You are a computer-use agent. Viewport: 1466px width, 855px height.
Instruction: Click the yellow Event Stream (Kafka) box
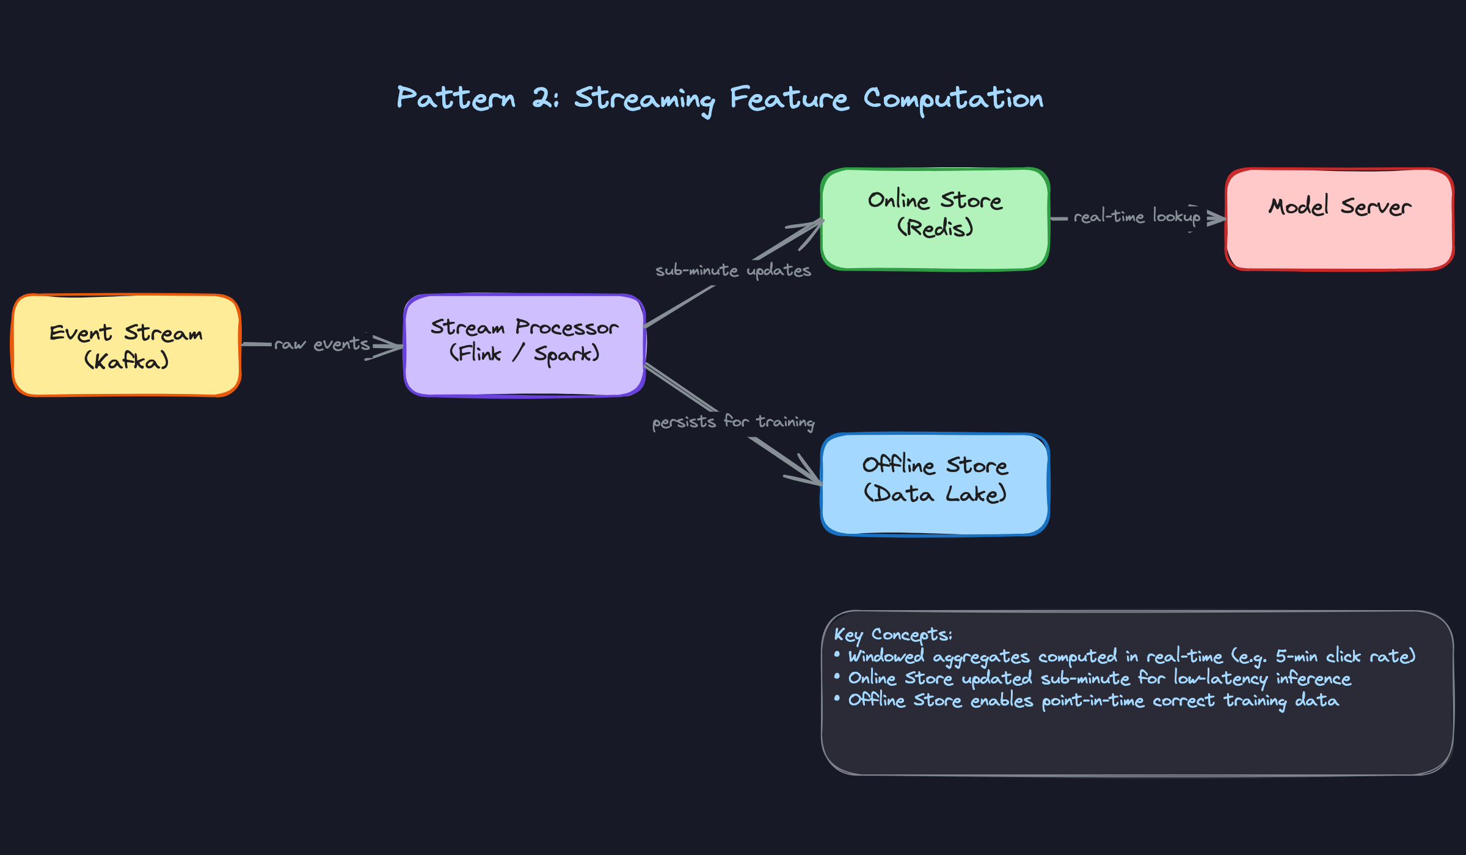pyautogui.click(x=126, y=346)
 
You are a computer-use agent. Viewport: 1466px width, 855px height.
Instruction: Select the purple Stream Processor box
pyautogui.click(x=524, y=346)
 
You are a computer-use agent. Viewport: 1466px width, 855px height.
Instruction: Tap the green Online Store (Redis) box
pyautogui.click(x=935, y=219)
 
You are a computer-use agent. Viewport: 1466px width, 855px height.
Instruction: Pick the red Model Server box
pyautogui.click(x=1339, y=219)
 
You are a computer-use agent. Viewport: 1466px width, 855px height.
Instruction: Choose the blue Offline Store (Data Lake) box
pyautogui.click(x=935, y=484)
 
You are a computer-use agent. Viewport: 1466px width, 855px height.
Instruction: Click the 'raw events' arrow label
pyautogui.click(x=322, y=344)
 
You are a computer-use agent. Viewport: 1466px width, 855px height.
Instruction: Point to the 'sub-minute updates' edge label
pyautogui.click(x=733, y=271)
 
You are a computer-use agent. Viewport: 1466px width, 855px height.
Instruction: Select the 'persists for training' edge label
pyautogui.click(x=733, y=422)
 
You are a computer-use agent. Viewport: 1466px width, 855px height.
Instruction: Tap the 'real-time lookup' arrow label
pyautogui.click(x=1137, y=216)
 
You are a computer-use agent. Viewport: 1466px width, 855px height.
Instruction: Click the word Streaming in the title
pyautogui.click(x=644, y=100)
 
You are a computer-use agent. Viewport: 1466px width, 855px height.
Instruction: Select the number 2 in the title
pyautogui.click(x=541, y=98)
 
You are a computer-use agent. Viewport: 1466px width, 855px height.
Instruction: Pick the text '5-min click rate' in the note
pyautogui.click(x=1344, y=657)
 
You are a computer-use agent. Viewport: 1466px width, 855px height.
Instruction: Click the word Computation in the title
pyautogui.click(x=953, y=100)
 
